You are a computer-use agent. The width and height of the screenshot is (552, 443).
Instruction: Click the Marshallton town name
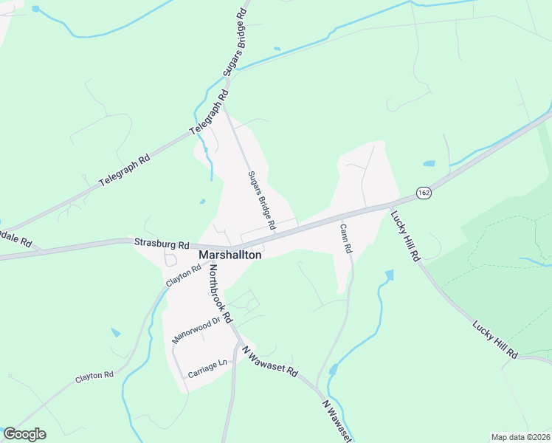click(x=230, y=254)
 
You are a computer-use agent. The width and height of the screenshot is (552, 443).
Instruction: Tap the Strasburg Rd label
click(x=161, y=243)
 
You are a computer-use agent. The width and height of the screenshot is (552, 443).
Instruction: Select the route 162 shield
click(x=423, y=192)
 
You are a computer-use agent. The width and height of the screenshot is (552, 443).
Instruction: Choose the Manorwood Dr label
click(x=196, y=330)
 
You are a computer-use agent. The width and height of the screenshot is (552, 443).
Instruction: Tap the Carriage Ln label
click(x=207, y=366)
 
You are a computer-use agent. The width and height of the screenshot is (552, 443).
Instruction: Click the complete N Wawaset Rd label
click(x=269, y=360)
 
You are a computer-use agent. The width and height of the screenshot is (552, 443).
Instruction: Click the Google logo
click(x=24, y=434)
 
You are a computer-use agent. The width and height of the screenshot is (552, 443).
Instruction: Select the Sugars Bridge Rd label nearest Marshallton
click(x=261, y=199)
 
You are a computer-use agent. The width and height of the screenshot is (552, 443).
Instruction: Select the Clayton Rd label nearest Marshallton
click(x=183, y=277)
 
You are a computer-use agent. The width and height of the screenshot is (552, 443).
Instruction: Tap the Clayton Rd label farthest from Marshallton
click(x=94, y=377)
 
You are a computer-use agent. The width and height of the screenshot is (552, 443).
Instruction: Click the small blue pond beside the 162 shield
click(x=429, y=164)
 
